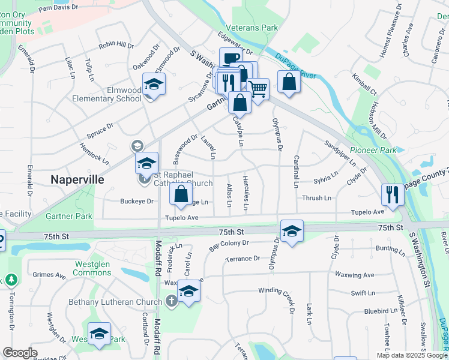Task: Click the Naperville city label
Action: [x=77, y=179]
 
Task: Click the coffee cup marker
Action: [x=230, y=58]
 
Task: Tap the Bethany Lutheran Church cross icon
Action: [x=172, y=299]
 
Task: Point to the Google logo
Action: [x=20, y=353]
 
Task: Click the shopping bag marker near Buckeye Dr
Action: [x=181, y=194]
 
